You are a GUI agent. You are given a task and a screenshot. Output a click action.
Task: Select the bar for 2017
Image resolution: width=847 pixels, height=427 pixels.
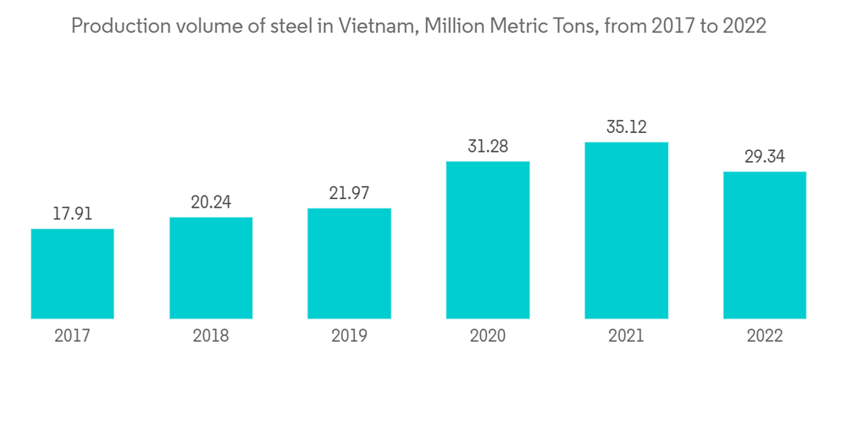point(72,274)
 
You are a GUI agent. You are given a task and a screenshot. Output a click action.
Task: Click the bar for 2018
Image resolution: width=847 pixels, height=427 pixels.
point(211,268)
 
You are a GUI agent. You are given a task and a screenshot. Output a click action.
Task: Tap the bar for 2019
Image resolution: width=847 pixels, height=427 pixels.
point(349,263)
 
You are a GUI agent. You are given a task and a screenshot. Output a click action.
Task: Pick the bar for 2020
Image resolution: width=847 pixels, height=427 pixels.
point(487,240)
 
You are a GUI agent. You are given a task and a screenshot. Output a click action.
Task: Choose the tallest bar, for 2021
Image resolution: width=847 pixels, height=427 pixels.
point(626,230)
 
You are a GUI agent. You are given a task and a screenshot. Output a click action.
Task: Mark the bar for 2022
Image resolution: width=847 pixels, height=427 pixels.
point(764,245)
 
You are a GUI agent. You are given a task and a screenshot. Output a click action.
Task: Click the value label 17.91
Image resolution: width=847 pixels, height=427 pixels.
point(72,214)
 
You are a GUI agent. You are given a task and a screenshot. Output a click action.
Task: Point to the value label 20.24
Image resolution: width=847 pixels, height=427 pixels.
point(211,202)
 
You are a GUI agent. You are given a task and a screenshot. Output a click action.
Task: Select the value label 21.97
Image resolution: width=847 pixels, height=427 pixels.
point(349,193)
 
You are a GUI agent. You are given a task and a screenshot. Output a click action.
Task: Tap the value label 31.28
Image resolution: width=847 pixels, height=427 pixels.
point(487,147)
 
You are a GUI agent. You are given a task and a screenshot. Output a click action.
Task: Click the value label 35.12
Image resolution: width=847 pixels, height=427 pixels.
point(626,127)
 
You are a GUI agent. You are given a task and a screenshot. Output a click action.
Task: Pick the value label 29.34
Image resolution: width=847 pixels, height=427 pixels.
point(764,157)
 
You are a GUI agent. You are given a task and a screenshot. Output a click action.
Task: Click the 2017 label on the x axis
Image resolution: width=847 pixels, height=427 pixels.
point(72,336)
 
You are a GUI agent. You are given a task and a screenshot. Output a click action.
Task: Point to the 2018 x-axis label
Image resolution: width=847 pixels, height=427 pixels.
point(211,336)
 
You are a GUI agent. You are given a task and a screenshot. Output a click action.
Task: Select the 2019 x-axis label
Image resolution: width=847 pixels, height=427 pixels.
point(349,336)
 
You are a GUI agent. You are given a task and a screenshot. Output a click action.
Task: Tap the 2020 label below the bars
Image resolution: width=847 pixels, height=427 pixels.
point(487,336)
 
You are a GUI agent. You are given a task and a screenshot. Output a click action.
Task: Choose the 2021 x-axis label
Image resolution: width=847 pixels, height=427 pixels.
point(626,336)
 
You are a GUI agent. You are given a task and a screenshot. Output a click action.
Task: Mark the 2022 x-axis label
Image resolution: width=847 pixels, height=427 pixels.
point(764,336)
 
